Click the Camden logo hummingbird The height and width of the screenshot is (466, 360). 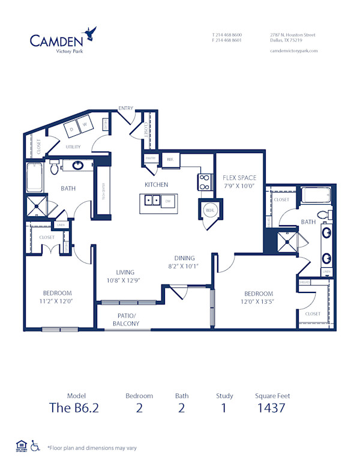90,32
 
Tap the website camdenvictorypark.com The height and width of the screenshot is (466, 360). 294,51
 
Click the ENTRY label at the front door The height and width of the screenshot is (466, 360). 126,108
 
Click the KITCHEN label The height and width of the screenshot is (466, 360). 156,184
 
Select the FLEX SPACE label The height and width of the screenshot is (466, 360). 239,178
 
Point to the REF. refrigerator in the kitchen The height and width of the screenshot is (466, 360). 170,159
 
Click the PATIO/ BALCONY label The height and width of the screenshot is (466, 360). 126,319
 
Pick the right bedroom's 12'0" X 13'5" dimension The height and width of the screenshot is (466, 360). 259,285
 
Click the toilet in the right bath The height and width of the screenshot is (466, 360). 322,214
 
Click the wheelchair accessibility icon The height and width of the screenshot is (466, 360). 35,446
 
